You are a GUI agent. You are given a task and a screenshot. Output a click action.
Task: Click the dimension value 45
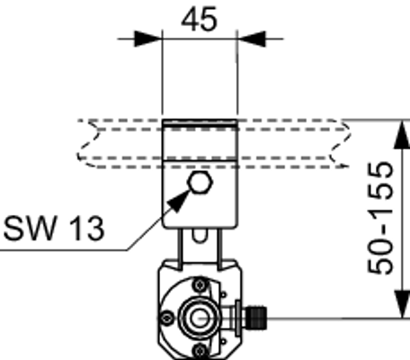(x=199, y=20)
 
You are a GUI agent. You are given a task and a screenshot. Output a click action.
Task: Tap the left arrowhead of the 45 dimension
(x=147, y=39)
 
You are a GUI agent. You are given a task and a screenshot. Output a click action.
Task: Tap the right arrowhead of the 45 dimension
(x=251, y=39)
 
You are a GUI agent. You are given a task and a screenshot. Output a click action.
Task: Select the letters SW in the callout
(x=30, y=228)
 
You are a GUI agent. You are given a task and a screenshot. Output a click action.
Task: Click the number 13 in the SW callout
(x=86, y=229)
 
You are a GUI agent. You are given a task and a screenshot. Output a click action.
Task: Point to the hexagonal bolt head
(x=200, y=183)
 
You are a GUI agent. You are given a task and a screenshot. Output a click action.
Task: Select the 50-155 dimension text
(x=380, y=218)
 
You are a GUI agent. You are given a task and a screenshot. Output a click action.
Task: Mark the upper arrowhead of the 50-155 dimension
(x=402, y=134)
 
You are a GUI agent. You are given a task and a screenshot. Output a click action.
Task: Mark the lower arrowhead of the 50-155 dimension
(x=402, y=303)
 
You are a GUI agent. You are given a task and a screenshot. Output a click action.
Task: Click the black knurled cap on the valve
(x=255, y=318)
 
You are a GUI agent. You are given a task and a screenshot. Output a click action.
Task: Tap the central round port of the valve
(x=200, y=318)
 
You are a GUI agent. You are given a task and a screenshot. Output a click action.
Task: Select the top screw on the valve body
(x=200, y=285)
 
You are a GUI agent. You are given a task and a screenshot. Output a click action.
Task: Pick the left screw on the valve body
(x=166, y=318)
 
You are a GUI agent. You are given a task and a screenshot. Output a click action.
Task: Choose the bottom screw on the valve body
(x=200, y=351)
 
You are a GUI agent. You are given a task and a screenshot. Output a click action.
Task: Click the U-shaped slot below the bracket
(x=200, y=237)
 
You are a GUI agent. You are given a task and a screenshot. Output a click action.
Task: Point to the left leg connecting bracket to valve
(x=180, y=249)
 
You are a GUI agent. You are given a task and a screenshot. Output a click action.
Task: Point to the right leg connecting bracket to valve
(x=219, y=249)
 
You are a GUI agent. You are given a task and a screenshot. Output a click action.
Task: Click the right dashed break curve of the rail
(x=340, y=143)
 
